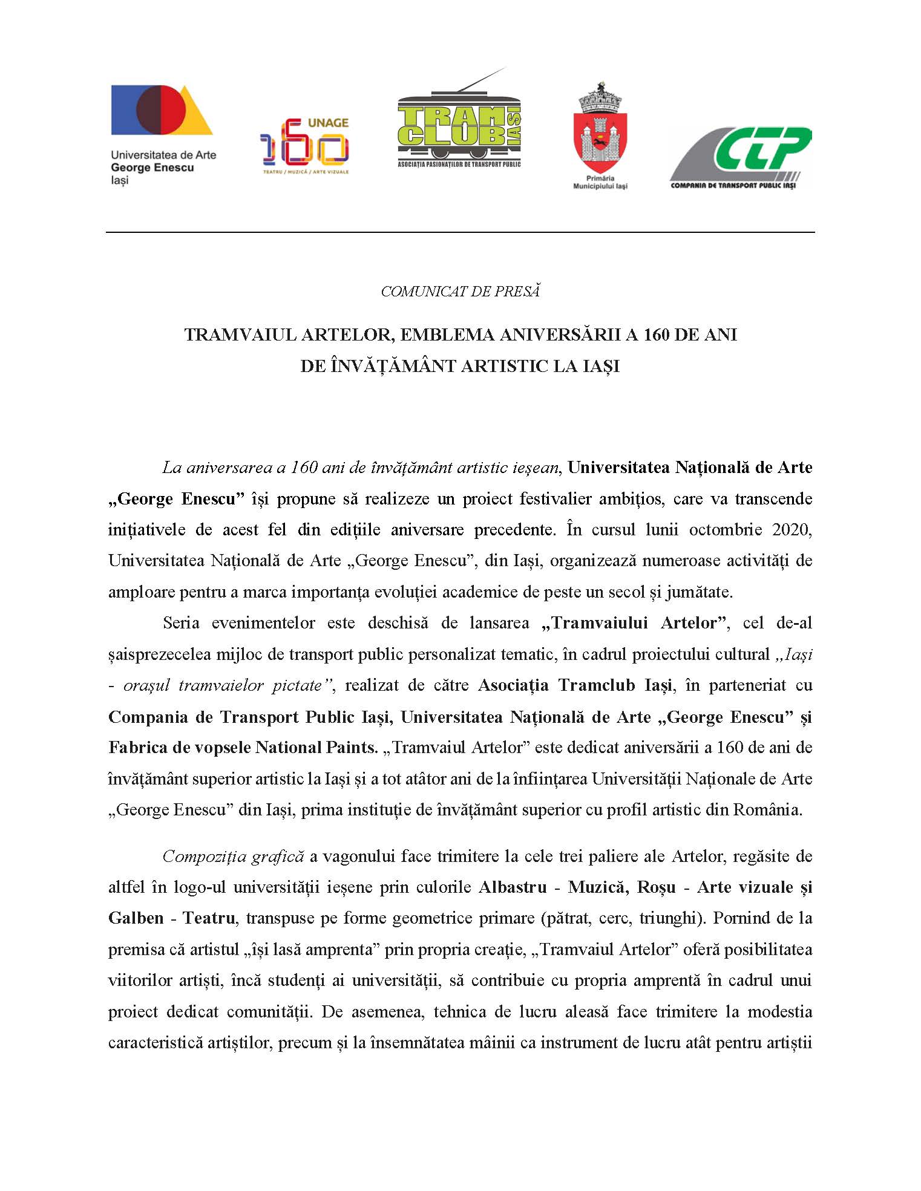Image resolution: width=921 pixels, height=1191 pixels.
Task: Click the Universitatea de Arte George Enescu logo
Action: tap(162, 134)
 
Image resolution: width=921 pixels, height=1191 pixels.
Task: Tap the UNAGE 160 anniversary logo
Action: tap(304, 146)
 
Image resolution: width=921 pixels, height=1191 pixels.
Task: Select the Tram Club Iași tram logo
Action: tap(459, 125)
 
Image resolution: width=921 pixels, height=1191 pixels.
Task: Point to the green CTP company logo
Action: tap(739, 157)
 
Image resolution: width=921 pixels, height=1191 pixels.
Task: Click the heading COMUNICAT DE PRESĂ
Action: tap(460, 292)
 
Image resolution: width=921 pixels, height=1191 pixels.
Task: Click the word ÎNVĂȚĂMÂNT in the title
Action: tap(393, 366)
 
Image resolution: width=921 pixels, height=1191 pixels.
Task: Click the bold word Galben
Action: tap(136, 918)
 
